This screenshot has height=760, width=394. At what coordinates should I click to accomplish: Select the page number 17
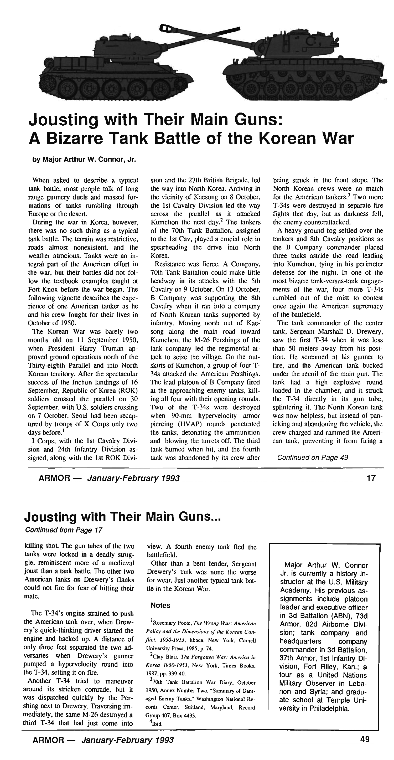coord(371,478)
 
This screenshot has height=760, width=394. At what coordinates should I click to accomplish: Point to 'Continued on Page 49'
coord(312,458)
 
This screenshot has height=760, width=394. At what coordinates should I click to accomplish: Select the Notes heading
coord(160,605)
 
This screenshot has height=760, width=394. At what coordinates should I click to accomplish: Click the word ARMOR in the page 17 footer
coord(53,478)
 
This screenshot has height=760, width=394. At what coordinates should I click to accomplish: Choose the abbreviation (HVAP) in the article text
coord(164,424)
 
